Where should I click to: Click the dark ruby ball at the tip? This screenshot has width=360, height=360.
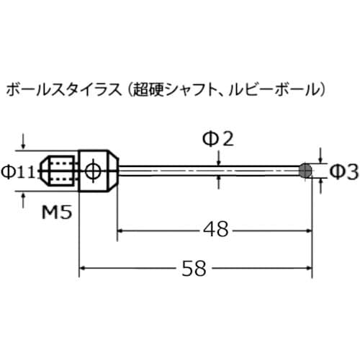[x=306, y=171]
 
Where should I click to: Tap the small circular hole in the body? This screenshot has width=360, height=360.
[x=92, y=171]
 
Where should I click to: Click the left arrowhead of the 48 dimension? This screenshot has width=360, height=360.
[x=122, y=230]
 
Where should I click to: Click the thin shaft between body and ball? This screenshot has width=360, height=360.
[x=209, y=171]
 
